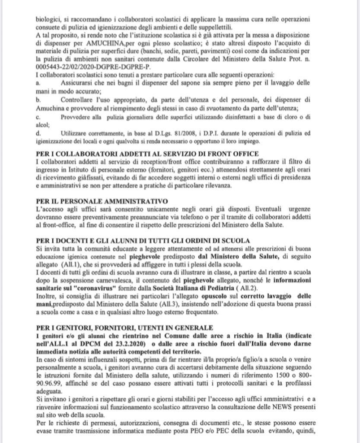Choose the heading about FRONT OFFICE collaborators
pyautogui.click(x=148, y=154)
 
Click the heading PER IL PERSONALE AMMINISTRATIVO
pyautogui.click(x=102, y=201)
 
